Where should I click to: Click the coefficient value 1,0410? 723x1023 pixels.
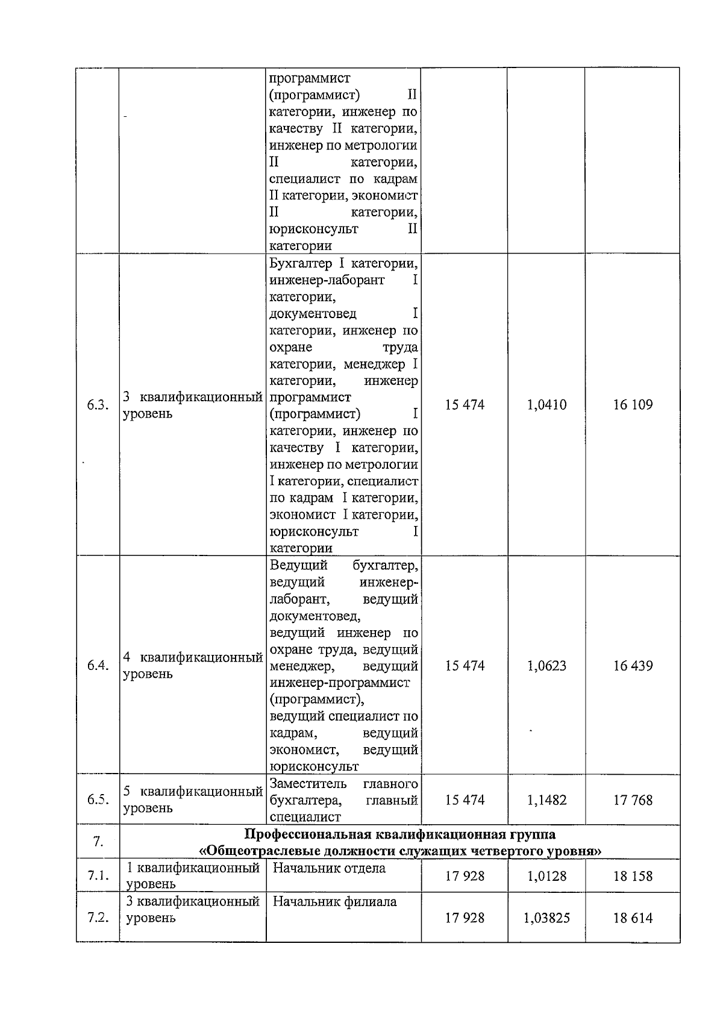coord(546,405)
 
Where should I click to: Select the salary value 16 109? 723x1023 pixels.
coord(633,405)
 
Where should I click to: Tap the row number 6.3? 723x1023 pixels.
coord(98,405)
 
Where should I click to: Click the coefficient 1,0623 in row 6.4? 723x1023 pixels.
coord(546,666)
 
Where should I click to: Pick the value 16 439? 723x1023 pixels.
coord(633,666)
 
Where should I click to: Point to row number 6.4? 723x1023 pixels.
coord(98,666)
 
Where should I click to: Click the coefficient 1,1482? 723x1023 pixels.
coord(546,800)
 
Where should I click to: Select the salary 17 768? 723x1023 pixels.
coord(633,800)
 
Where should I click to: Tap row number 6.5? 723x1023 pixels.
coord(98,799)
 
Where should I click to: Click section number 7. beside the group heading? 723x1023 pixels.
coord(98,842)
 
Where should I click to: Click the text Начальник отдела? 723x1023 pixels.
coord(329,868)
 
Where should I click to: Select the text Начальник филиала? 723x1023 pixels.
coord(334,902)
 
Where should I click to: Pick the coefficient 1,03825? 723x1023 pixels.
coord(546,918)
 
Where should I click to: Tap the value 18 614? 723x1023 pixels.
coord(633,918)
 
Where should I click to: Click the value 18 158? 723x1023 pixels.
coord(633,876)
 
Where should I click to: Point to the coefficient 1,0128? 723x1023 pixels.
coord(546,876)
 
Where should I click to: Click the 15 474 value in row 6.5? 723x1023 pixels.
coord(465,800)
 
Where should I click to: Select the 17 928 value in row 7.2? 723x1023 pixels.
coord(465,918)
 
